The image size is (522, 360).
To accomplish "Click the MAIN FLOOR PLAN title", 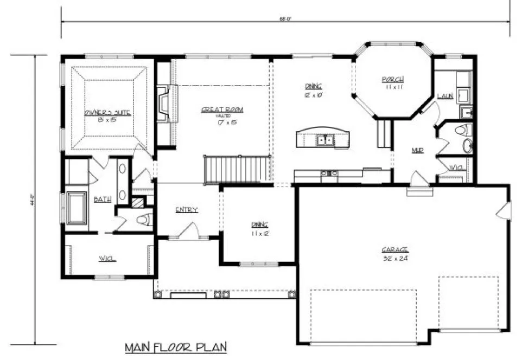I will pyautogui.click(x=175, y=346).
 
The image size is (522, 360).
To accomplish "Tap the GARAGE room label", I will pyautogui.click(x=394, y=249).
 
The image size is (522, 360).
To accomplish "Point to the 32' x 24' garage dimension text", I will pyautogui.click(x=394, y=258).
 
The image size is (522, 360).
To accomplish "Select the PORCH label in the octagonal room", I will pyautogui.click(x=392, y=79).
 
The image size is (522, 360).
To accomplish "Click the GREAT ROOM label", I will pyautogui.click(x=222, y=110).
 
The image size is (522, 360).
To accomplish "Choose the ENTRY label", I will pyautogui.click(x=186, y=210).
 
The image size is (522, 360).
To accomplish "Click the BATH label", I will pyautogui.click(x=103, y=199).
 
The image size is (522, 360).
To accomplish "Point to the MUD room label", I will pyautogui.click(x=417, y=150).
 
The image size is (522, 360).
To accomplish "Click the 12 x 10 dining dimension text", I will pyautogui.click(x=314, y=94).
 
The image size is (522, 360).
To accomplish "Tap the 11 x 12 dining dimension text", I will pyautogui.click(x=259, y=233).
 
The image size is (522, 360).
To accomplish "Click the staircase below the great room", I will pyautogui.click(x=237, y=169).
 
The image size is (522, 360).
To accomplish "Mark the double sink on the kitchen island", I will pyautogui.click(x=326, y=141).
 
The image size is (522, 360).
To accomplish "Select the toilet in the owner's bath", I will pyautogui.click(x=142, y=220).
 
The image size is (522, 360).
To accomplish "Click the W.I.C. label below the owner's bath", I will pyautogui.click(x=107, y=258).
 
